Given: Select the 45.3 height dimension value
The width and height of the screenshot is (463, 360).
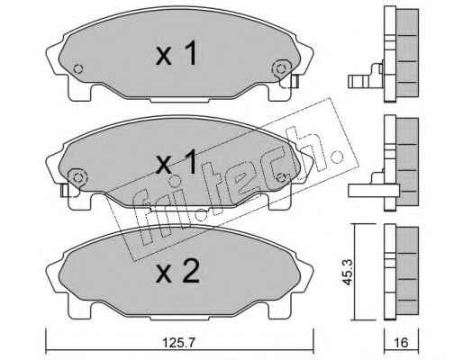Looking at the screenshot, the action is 349,272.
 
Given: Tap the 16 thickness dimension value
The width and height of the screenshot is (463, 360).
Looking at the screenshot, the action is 401,342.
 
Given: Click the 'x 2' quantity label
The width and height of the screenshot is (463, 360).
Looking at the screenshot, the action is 177,271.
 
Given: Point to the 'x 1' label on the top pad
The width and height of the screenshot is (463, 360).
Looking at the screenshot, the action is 177,53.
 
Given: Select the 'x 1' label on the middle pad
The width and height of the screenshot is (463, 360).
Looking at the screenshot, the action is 177,162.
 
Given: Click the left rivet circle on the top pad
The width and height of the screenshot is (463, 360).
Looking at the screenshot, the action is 78,68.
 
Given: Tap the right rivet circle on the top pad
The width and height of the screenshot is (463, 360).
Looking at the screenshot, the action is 281,68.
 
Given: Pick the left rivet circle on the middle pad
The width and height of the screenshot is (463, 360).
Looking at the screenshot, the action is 77,177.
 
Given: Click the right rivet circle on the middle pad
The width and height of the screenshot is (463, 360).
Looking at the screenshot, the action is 281,177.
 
